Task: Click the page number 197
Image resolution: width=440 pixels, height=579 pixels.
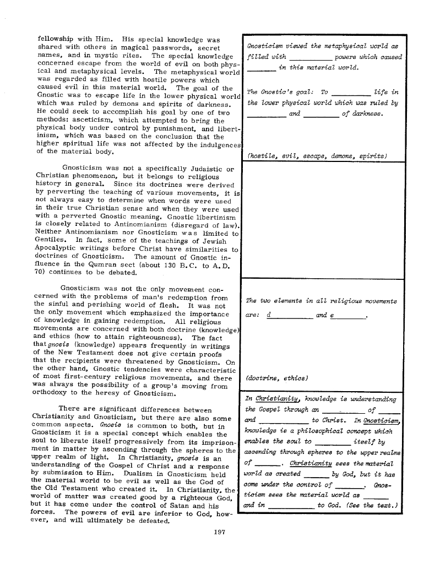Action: coord(220,532)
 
